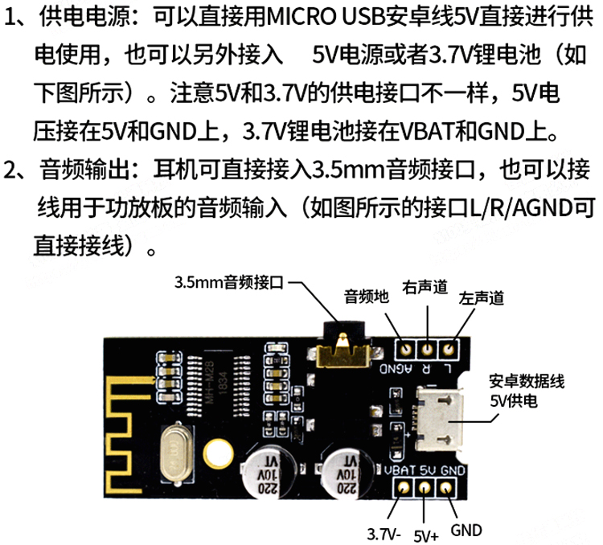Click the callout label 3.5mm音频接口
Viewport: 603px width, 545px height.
(x=229, y=283)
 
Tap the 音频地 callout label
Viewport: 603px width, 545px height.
(x=367, y=296)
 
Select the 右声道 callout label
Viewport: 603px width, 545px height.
(x=425, y=287)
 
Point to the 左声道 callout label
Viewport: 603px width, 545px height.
(x=481, y=297)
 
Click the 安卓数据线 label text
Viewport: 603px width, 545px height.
(x=527, y=382)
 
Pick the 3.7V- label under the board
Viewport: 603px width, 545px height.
(x=384, y=535)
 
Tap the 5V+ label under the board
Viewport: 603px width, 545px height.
(x=426, y=536)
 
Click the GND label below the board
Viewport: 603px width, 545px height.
(x=466, y=531)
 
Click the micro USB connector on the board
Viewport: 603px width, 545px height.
(x=439, y=419)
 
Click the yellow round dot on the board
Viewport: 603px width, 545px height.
(x=218, y=453)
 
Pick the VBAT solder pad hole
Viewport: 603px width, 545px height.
(x=403, y=488)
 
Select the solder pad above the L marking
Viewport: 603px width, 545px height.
(x=448, y=349)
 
